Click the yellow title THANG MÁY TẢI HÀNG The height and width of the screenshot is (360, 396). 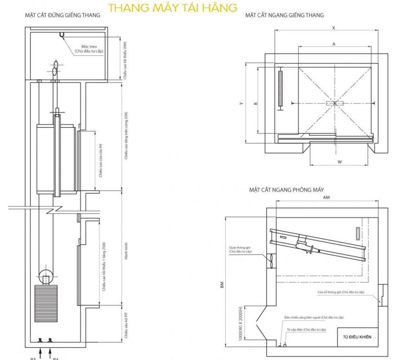pyautogui.click(x=173, y=8)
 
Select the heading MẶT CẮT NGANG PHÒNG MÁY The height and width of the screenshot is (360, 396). pyautogui.click(x=286, y=190)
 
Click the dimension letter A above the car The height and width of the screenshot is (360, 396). pyautogui.click(x=334, y=44)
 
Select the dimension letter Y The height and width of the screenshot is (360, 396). pyautogui.click(x=241, y=103)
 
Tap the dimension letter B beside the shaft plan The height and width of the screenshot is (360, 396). pyautogui.click(x=255, y=103)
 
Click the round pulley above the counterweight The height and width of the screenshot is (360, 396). pyautogui.click(x=46, y=275)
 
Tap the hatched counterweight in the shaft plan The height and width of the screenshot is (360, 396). pyautogui.click(x=281, y=88)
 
